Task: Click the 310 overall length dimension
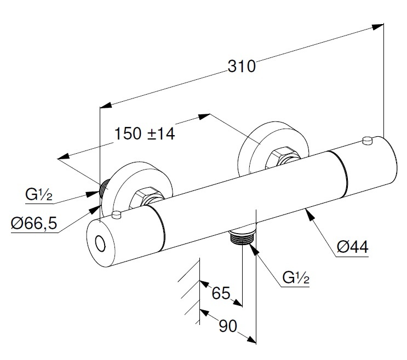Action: [241, 66]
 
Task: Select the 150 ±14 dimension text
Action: [145, 133]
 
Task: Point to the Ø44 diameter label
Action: [352, 247]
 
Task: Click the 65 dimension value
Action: [221, 293]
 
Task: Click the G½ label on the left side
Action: [38, 195]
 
